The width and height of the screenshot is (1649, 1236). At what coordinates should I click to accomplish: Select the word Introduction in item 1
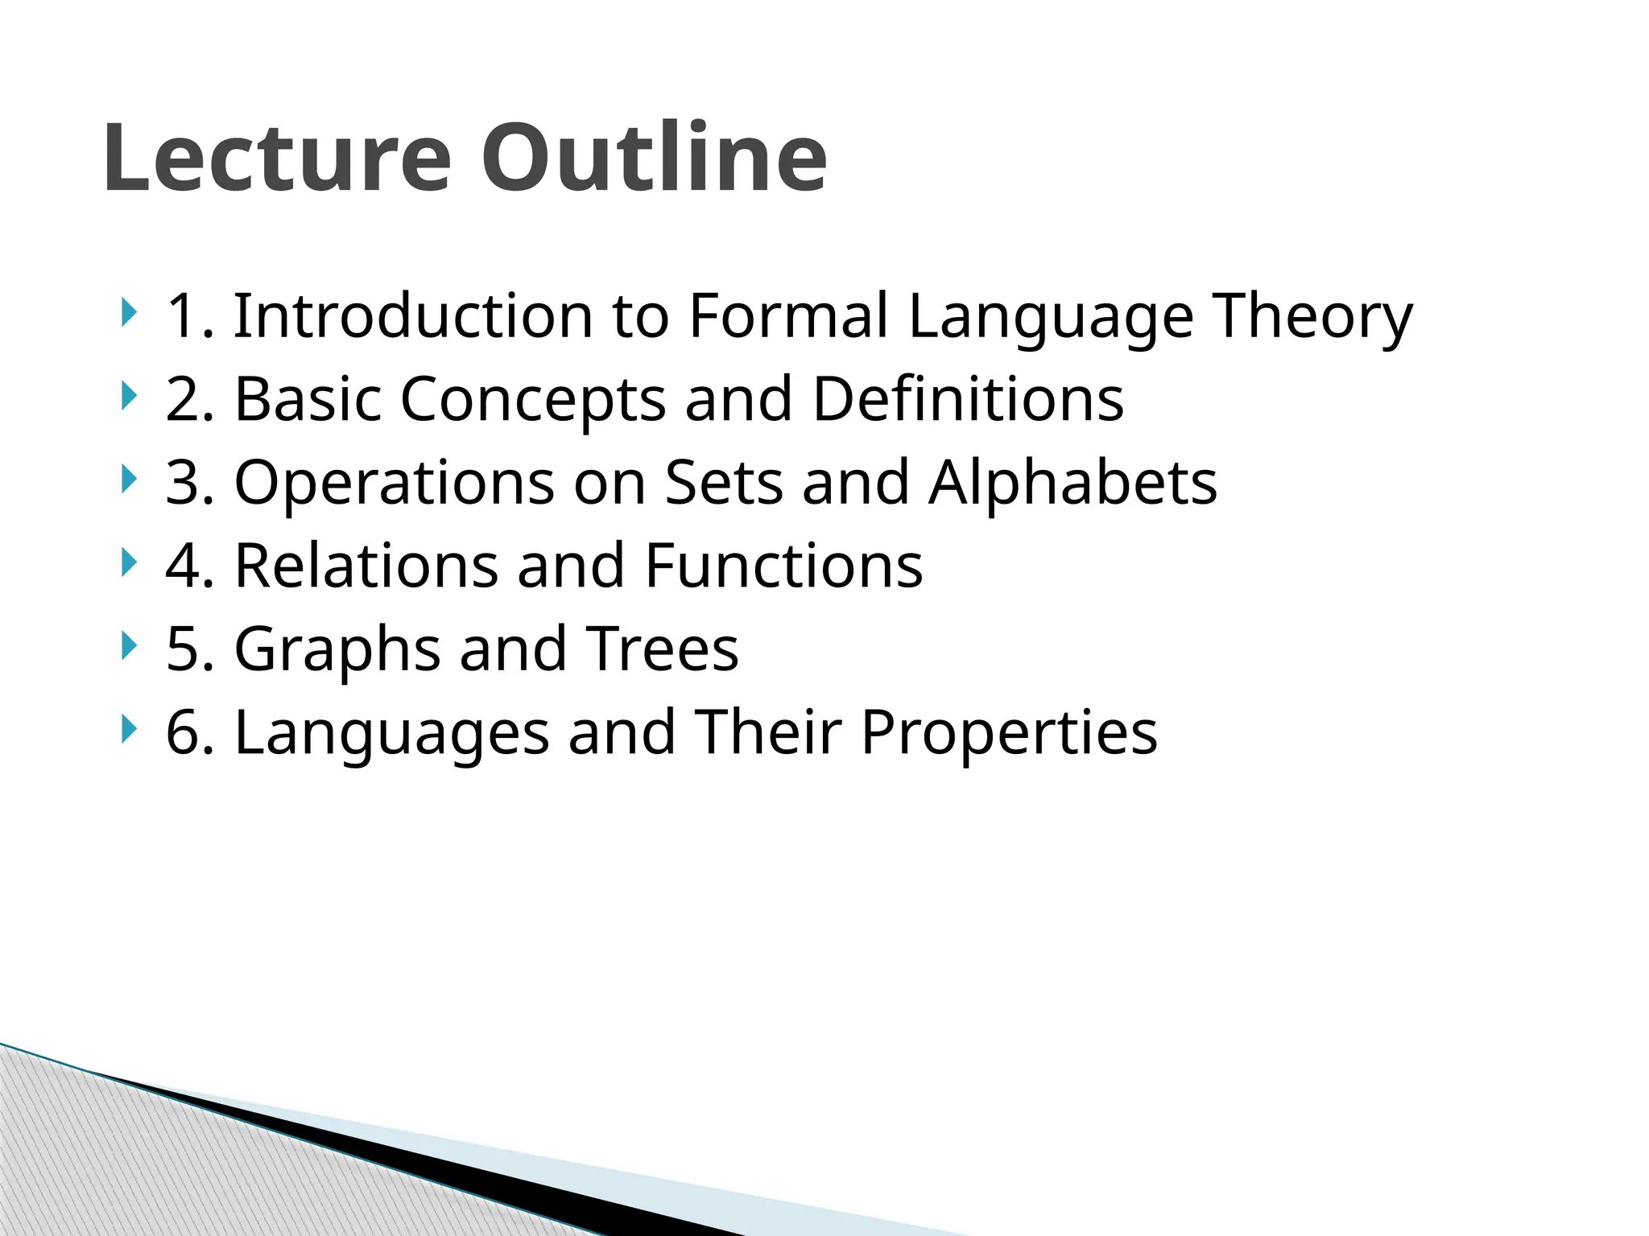pos(411,315)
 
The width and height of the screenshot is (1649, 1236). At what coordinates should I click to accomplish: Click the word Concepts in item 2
pos(532,399)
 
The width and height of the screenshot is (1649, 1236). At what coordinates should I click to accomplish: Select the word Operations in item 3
pos(395,483)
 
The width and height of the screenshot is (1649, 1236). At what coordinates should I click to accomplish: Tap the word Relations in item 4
pos(366,566)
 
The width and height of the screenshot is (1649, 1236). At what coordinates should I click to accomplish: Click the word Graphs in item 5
pos(337,649)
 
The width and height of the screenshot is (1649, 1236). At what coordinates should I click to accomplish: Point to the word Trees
pos(662,649)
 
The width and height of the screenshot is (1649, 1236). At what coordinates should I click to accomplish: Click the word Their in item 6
pos(768,733)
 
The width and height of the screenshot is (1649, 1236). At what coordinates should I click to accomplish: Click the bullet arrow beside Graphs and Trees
pos(128,646)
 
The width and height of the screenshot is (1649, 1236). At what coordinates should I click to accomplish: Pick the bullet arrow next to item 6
pos(128,730)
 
